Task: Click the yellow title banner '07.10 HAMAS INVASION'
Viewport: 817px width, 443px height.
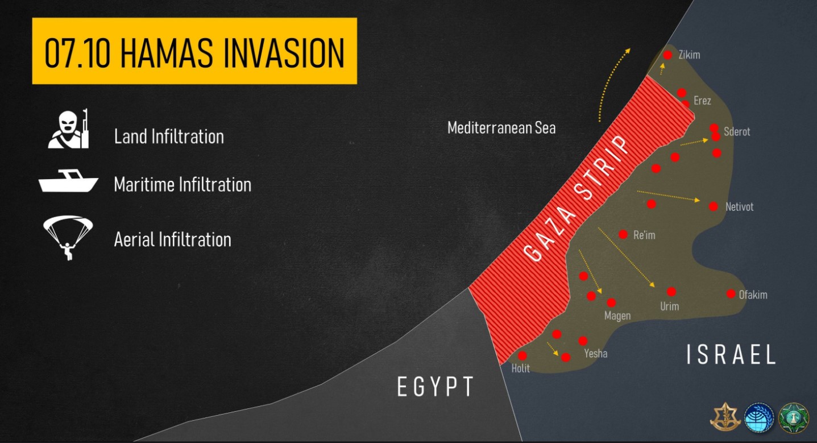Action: coord(194,51)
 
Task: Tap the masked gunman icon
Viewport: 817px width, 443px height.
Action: coord(69,129)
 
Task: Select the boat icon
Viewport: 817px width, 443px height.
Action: coord(68,180)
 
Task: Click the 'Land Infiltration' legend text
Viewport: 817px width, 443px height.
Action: coord(169,136)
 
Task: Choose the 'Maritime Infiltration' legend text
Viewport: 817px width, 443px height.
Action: coord(183,184)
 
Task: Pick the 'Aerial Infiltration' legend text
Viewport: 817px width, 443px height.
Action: coord(172,239)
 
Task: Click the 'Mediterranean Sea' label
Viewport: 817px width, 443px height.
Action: coord(501,128)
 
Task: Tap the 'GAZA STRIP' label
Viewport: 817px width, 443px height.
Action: coord(575,199)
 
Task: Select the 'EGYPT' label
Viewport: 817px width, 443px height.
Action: coord(436,387)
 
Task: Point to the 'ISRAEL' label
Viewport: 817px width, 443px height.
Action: coord(731,354)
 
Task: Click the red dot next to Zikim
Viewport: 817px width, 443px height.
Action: coord(667,55)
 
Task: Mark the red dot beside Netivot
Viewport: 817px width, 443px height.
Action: coord(714,206)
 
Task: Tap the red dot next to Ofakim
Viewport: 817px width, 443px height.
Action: coord(731,294)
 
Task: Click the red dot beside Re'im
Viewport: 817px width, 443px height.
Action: coord(623,234)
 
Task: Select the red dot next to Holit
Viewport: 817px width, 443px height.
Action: coord(522,355)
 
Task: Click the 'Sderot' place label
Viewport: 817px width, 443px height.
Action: coord(737,132)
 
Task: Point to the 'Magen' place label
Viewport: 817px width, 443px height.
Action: coord(617,316)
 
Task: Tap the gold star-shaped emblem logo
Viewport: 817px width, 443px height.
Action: coord(725,417)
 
